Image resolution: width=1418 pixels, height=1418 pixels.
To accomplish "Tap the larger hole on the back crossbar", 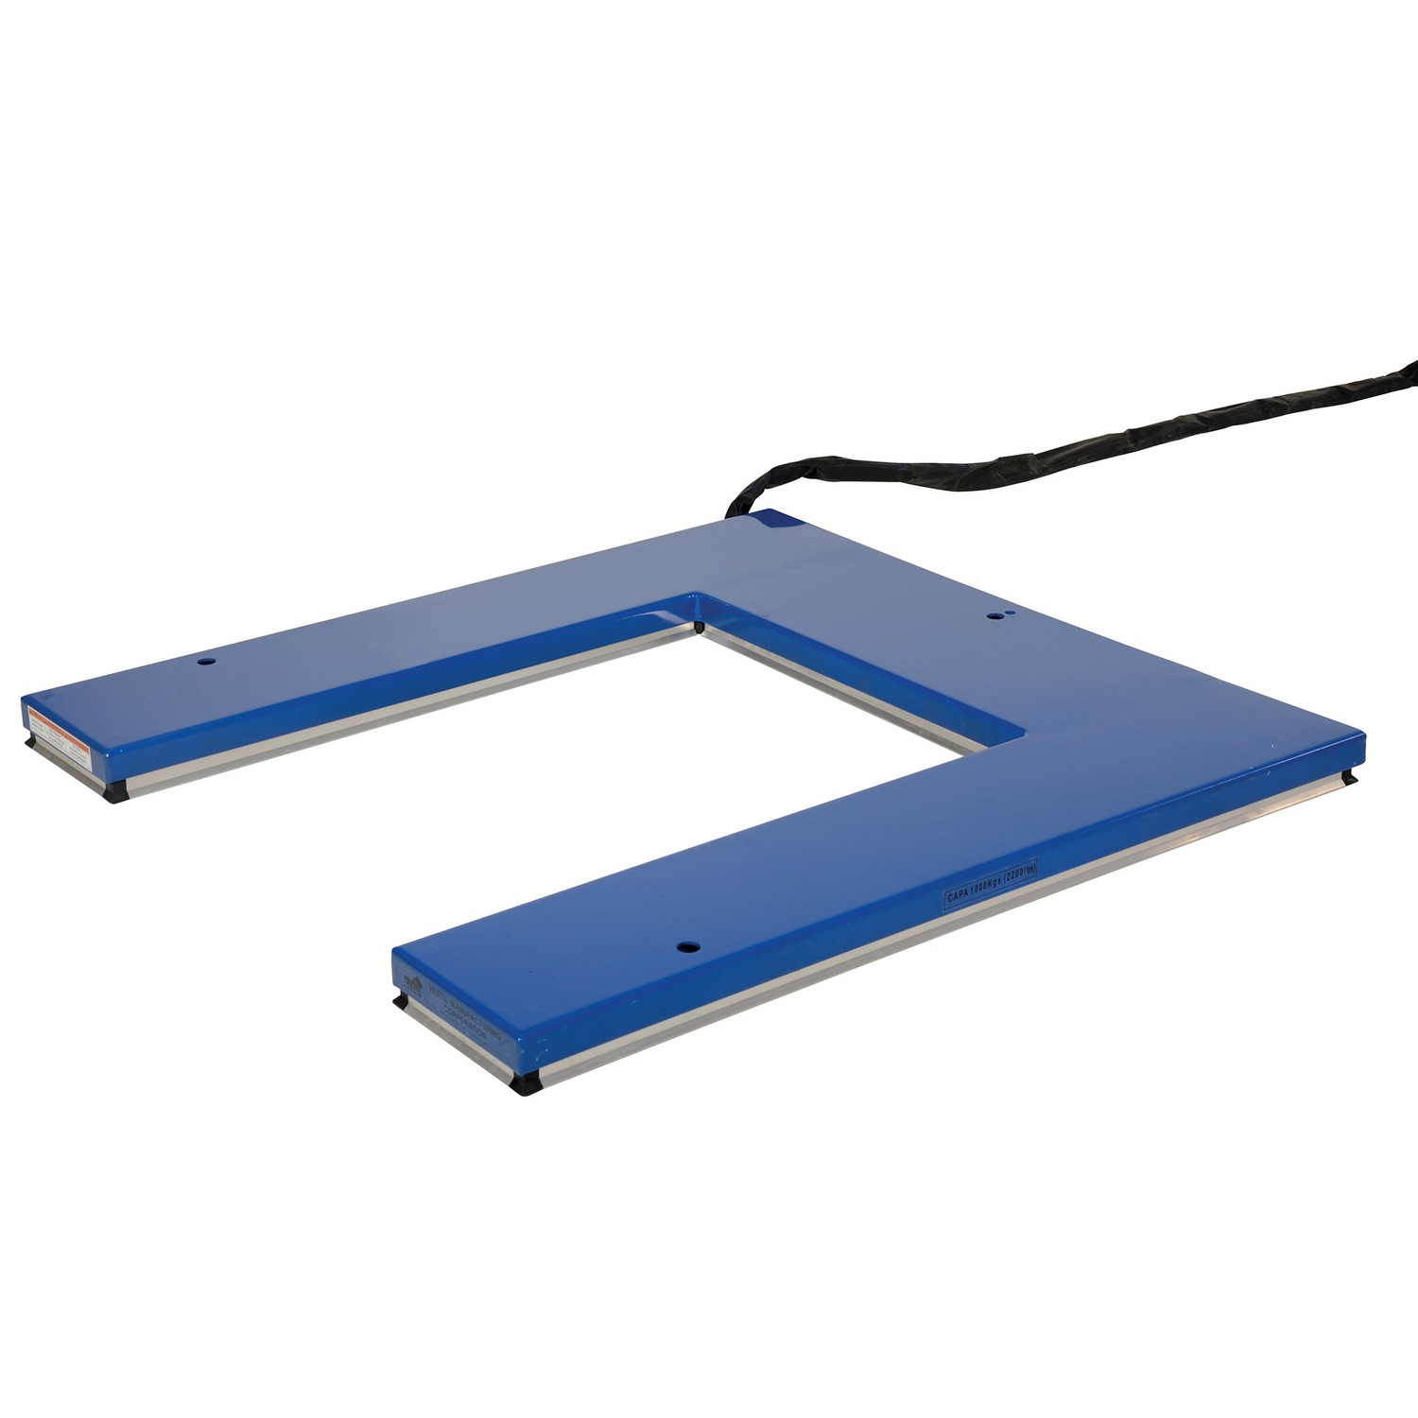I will tap(994, 615).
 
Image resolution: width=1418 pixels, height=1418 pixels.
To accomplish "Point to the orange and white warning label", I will tap(59, 729).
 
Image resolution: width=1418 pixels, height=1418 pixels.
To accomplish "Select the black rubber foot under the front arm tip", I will tap(524, 1085).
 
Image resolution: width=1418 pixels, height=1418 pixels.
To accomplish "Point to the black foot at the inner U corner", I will tap(698, 625).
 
